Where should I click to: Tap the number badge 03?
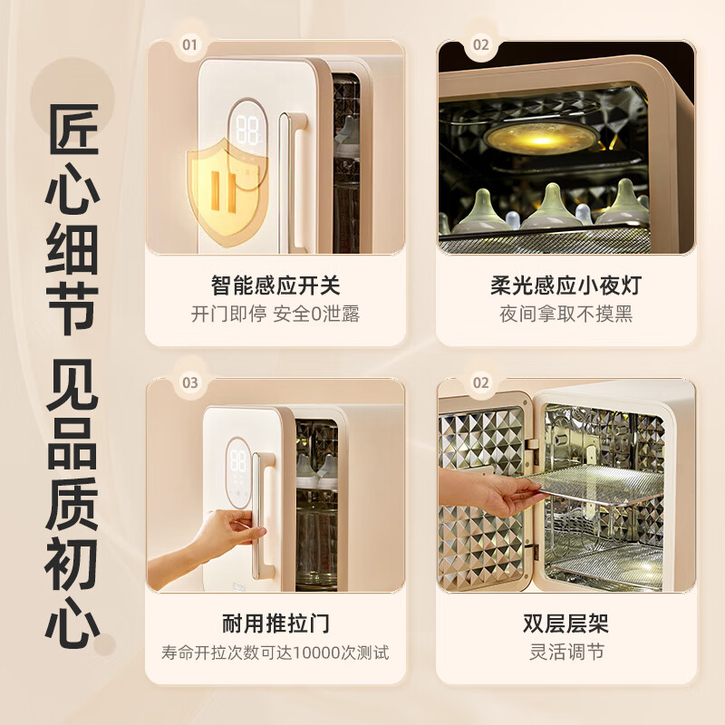tap(190, 382)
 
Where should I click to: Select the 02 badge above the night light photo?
tap(480, 43)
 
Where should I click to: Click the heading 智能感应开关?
tap(275, 286)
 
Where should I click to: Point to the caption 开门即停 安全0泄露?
tap(275, 314)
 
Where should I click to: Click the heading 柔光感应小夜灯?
tap(565, 286)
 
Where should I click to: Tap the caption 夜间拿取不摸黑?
tap(565, 314)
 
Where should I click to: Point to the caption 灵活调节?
tap(565, 652)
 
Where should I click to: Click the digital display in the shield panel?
tap(246, 128)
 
